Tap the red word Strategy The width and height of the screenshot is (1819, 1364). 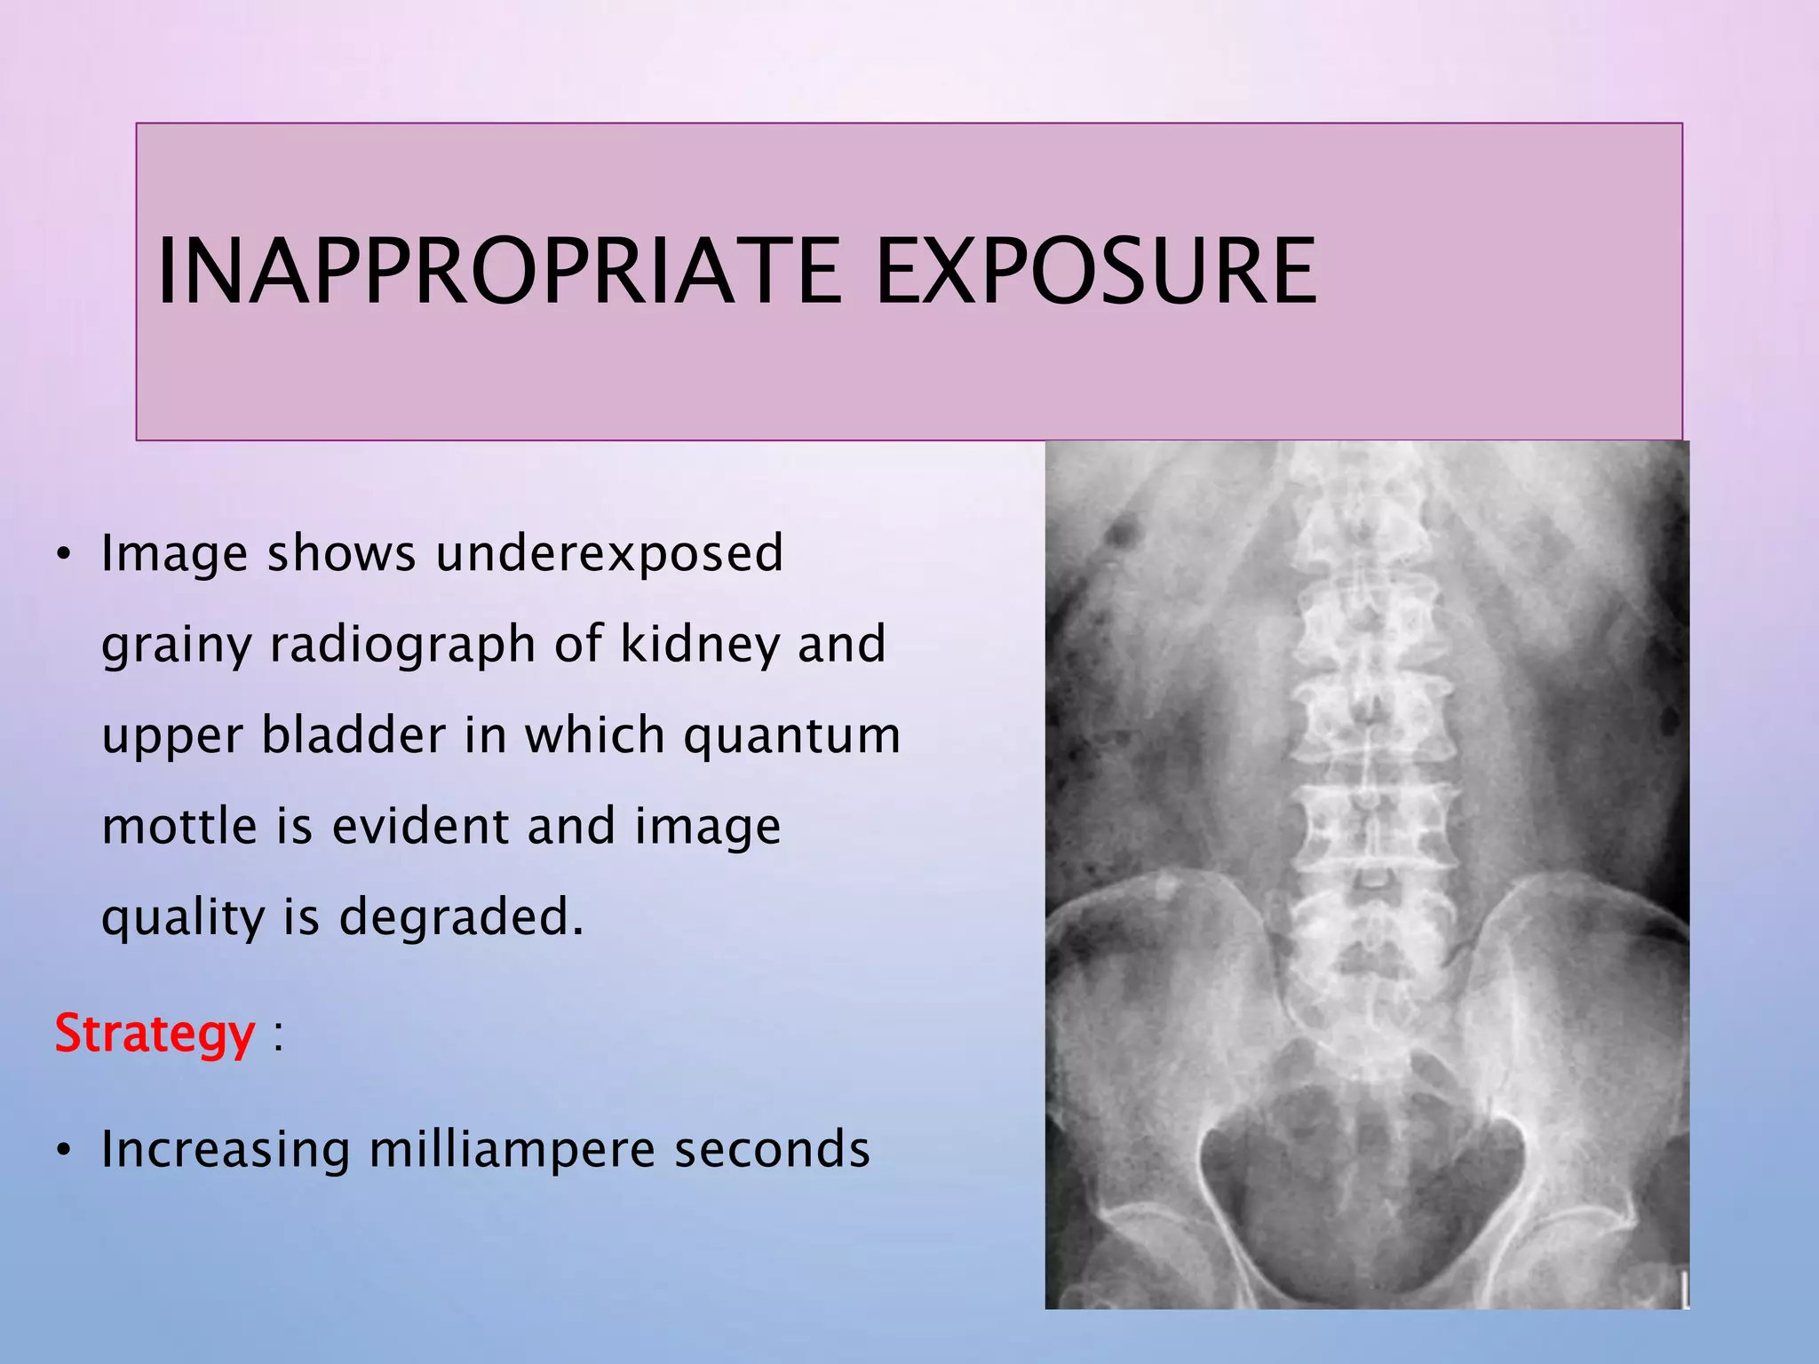(155, 1034)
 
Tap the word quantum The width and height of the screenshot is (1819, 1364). (792, 737)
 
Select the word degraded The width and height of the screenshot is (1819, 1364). (461, 917)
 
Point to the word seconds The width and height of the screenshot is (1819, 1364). (772, 1149)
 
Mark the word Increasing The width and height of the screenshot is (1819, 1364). (226, 1151)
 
